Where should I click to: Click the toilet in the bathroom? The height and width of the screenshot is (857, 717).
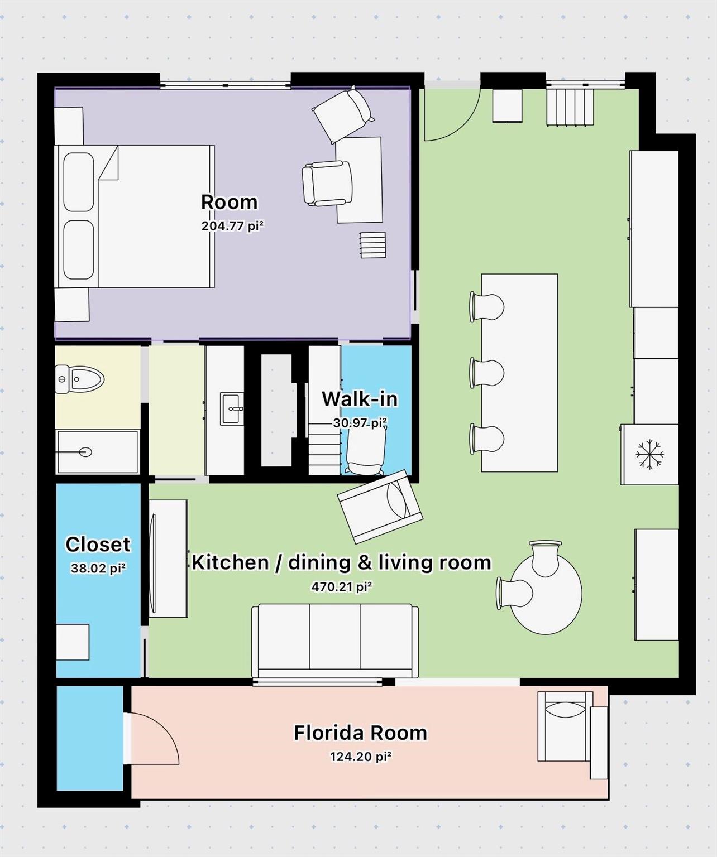coord(80,381)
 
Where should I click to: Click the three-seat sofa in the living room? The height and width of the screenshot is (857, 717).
coord(335,639)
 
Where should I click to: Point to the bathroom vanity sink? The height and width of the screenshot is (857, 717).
coord(231,408)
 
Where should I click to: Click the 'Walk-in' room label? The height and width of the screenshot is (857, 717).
coord(360,399)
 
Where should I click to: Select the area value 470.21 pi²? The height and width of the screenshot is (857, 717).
coord(341,587)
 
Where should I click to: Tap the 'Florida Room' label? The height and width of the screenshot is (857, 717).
coord(360,733)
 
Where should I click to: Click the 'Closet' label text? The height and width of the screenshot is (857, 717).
coord(98,544)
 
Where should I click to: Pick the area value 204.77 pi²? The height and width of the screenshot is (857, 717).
coord(232,226)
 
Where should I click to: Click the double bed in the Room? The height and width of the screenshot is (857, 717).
coord(134,216)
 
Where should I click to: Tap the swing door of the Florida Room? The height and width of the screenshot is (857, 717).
coord(154,739)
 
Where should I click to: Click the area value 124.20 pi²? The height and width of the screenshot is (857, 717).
coord(360,757)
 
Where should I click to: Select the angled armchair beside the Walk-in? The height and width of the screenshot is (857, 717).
coord(380,506)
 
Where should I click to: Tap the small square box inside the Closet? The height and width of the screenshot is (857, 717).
coord(73,642)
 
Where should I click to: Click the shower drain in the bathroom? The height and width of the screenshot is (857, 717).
coord(85,452)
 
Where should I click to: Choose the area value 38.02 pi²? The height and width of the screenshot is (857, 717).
coord(98,569)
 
